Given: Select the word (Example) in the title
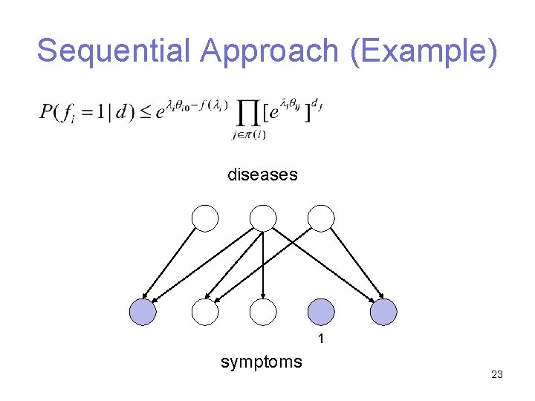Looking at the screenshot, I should (x=422, y=51).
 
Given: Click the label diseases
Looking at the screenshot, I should (x=262, y=175).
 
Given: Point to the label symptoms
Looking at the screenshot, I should (x=262, y=362).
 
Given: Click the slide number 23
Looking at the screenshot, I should (x=497, y=375).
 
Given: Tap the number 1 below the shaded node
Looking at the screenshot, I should (x=321, y=339).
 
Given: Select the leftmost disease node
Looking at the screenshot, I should (x=205, y=218).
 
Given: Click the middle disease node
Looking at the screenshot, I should (x=263, y=218).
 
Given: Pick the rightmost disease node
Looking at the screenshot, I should (x=321, y=218).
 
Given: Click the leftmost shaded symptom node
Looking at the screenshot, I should (x=143, y=312).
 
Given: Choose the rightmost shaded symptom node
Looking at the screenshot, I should (x=383, y=312).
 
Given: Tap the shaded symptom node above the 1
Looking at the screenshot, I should (x=321, y=312).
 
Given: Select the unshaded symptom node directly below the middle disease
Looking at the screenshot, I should (x=263, y=312).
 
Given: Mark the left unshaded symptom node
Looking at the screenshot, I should (x=205, y=312).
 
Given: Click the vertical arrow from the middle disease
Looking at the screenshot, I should (x=263, y=264).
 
